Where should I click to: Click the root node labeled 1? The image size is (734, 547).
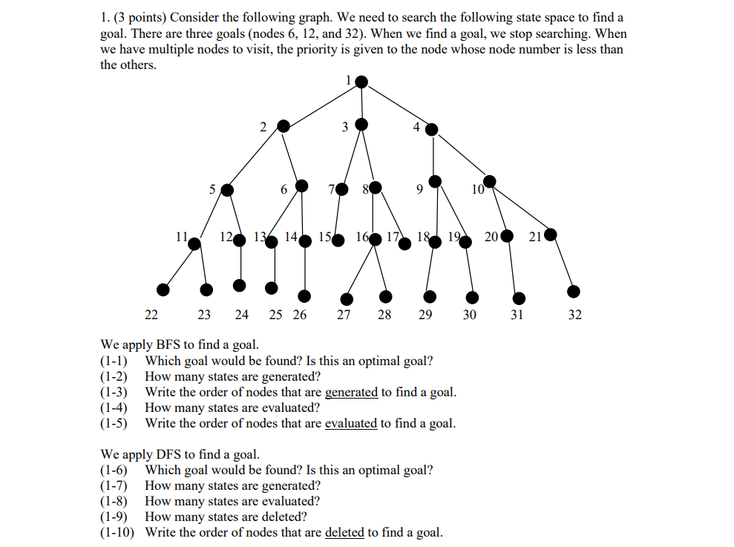[x=361, y=81]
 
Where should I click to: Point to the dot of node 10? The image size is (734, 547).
[x=490, y=180]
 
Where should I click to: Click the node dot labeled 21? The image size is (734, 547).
[x=551, y=237]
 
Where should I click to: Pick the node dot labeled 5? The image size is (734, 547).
[x=227, y=190]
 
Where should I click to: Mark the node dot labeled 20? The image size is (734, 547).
[x=506, y=237]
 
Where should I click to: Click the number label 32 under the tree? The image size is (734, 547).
[x=574, y=315]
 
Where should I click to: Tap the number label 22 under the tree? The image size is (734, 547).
[x=151, y=315]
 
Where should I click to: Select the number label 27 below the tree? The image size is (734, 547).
[x=344, y=315]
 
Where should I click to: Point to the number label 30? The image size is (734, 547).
[x=469, y=315]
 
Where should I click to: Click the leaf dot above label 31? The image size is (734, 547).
[x=519, y=298]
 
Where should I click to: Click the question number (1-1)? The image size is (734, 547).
[x=114, y=361]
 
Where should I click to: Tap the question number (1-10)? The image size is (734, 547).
[x=117, y=532]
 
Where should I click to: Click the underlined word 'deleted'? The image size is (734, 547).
[x=344, y=532]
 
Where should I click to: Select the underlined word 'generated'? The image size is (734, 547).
[x=351, y=393]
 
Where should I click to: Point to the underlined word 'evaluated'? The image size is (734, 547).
[x=351, y=424]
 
